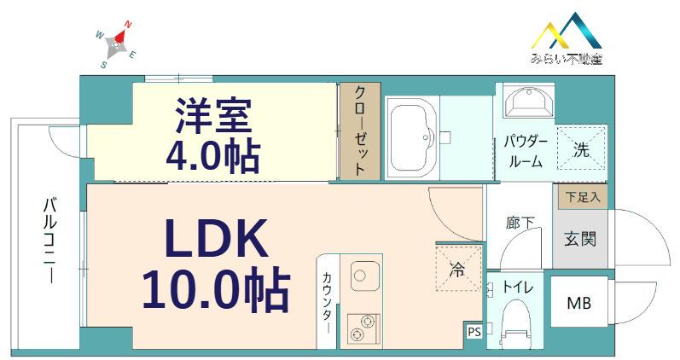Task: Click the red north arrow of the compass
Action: [x=122, y=33]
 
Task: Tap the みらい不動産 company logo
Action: [x=567, y=38]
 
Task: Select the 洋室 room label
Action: [x=213, y=115]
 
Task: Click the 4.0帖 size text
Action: [x=213, y=156]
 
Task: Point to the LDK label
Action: [x=216, y=239]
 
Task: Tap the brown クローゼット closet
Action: [x=360, y=131]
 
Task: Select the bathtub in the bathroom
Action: [x=412, y=137]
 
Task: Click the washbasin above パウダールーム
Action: [x=529, y=102]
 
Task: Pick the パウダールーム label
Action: [x=526, y=152]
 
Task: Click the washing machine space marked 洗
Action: [x=582, y=148]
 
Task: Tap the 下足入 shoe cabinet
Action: [x=583, y=197]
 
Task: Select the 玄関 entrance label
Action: [x=580, y=239]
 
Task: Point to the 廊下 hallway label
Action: [x=520, y=223]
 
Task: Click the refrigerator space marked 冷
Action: [x=459, y=269]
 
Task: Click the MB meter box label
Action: [x=579, y=303]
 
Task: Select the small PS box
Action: [x=474, y=332]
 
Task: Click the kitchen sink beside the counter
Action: [x=364, y=276]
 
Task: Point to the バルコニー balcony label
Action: [x=49, y=241]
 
